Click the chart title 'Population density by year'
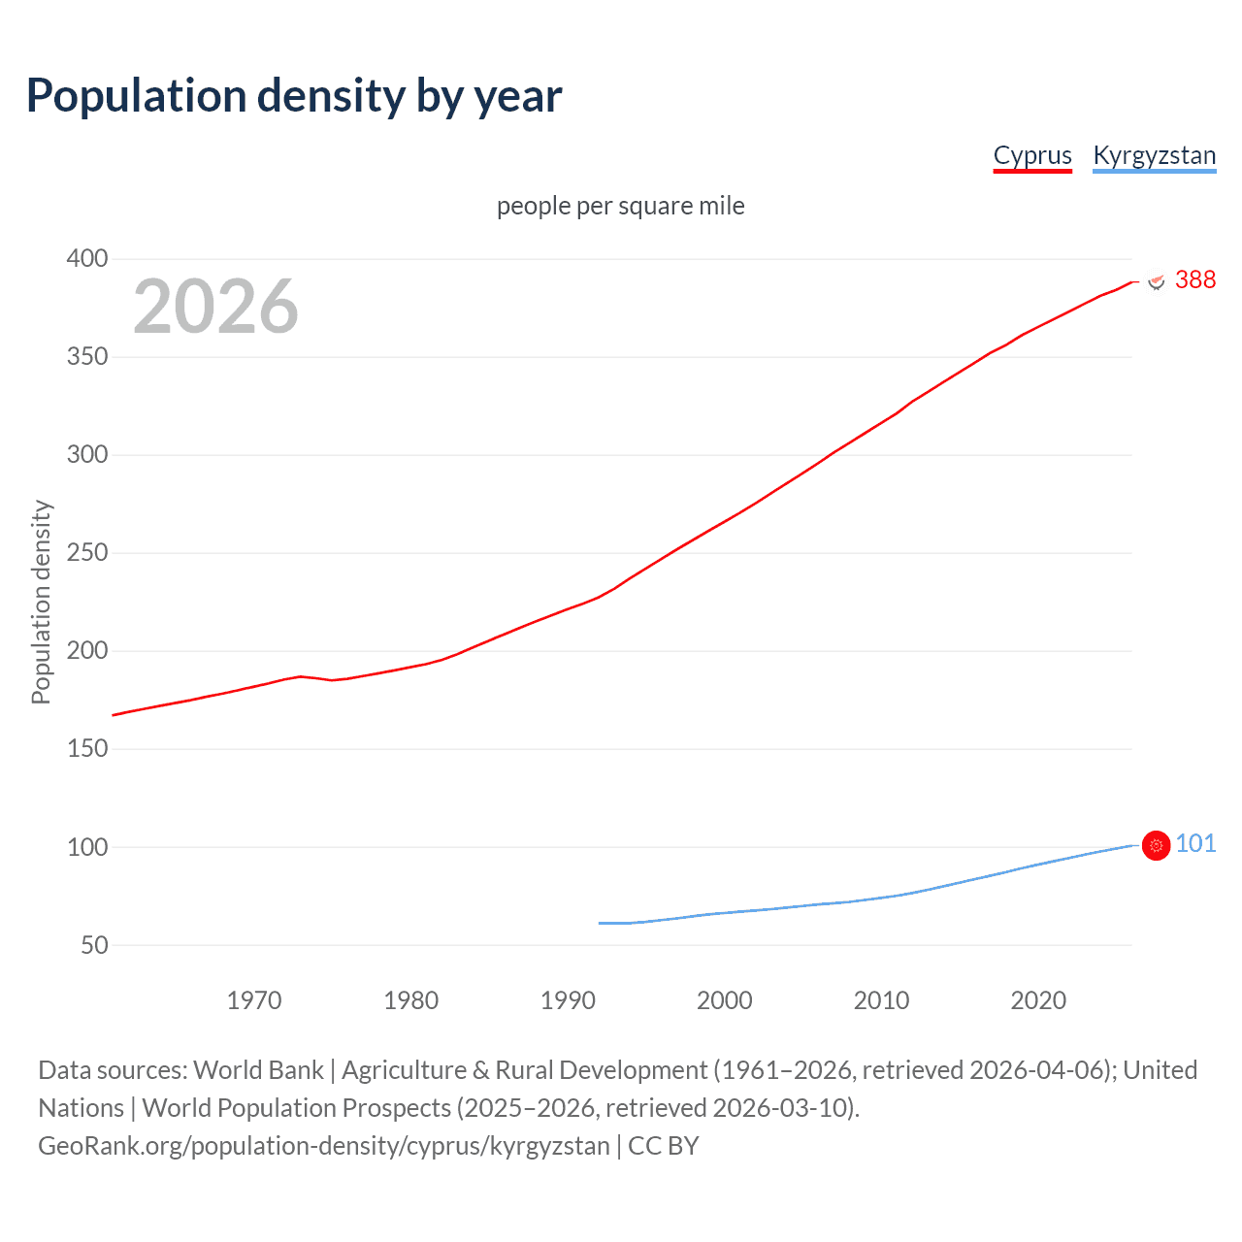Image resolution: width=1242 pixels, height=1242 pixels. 294,96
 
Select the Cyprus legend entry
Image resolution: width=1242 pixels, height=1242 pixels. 1032,156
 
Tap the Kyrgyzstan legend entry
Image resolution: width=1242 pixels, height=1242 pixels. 1154,156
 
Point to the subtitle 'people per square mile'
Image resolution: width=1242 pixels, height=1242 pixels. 620,207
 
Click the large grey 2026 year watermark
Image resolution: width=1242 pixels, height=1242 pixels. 215,307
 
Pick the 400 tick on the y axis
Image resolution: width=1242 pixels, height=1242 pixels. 86,259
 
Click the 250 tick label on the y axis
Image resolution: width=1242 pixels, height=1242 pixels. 86,553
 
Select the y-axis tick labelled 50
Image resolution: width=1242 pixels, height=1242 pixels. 94,945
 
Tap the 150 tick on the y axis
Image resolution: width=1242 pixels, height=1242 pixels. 86,749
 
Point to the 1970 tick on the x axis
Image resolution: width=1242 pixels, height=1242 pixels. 254,1000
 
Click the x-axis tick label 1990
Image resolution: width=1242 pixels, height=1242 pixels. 568,1000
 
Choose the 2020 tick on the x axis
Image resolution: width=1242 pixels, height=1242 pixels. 1038,1000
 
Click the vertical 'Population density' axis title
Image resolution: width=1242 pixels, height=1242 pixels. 41,602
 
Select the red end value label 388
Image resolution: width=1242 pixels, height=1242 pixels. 1194,280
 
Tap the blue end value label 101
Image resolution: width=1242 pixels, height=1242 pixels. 1195,844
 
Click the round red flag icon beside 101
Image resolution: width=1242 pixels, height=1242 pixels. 1156,846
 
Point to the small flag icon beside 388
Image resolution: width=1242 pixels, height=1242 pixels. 1156,281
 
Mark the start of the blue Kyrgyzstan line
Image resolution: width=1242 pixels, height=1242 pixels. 600,923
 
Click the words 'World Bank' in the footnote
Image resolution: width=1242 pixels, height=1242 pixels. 258,1070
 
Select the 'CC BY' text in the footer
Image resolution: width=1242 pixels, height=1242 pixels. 663,1146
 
